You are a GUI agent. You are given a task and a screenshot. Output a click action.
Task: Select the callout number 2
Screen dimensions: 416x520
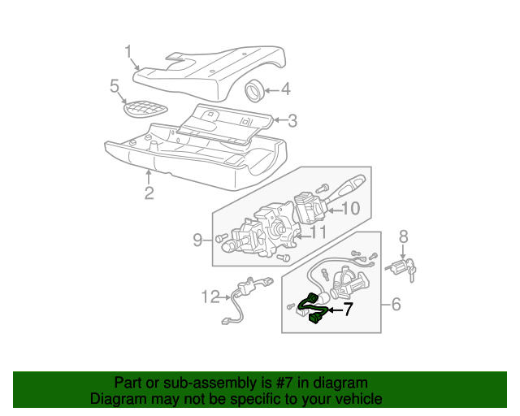(x=149, y=193)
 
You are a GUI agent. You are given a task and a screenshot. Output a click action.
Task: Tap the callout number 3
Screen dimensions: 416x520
(x=292, y=121)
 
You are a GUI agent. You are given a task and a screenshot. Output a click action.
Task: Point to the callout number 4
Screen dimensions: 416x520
(x=285, y=89)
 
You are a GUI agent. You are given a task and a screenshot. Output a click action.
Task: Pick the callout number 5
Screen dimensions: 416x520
(x=115, y=85)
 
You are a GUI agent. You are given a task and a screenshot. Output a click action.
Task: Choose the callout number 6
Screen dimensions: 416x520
(x=396, y=305)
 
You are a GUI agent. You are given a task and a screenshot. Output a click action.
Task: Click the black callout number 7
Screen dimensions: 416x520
(x=348, y=309)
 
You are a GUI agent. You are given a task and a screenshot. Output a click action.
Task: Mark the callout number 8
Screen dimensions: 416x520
(x=402, y=237)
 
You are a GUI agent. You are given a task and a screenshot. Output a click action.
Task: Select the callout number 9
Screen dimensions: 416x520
(x=197, y=239)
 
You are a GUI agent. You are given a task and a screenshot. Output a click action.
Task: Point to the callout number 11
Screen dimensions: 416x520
(x=318, y=232)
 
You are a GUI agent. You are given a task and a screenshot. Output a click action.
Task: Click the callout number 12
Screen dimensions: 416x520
(x=210, y=297)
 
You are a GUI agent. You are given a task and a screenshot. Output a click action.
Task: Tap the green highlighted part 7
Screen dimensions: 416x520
(x=312, y=307)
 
